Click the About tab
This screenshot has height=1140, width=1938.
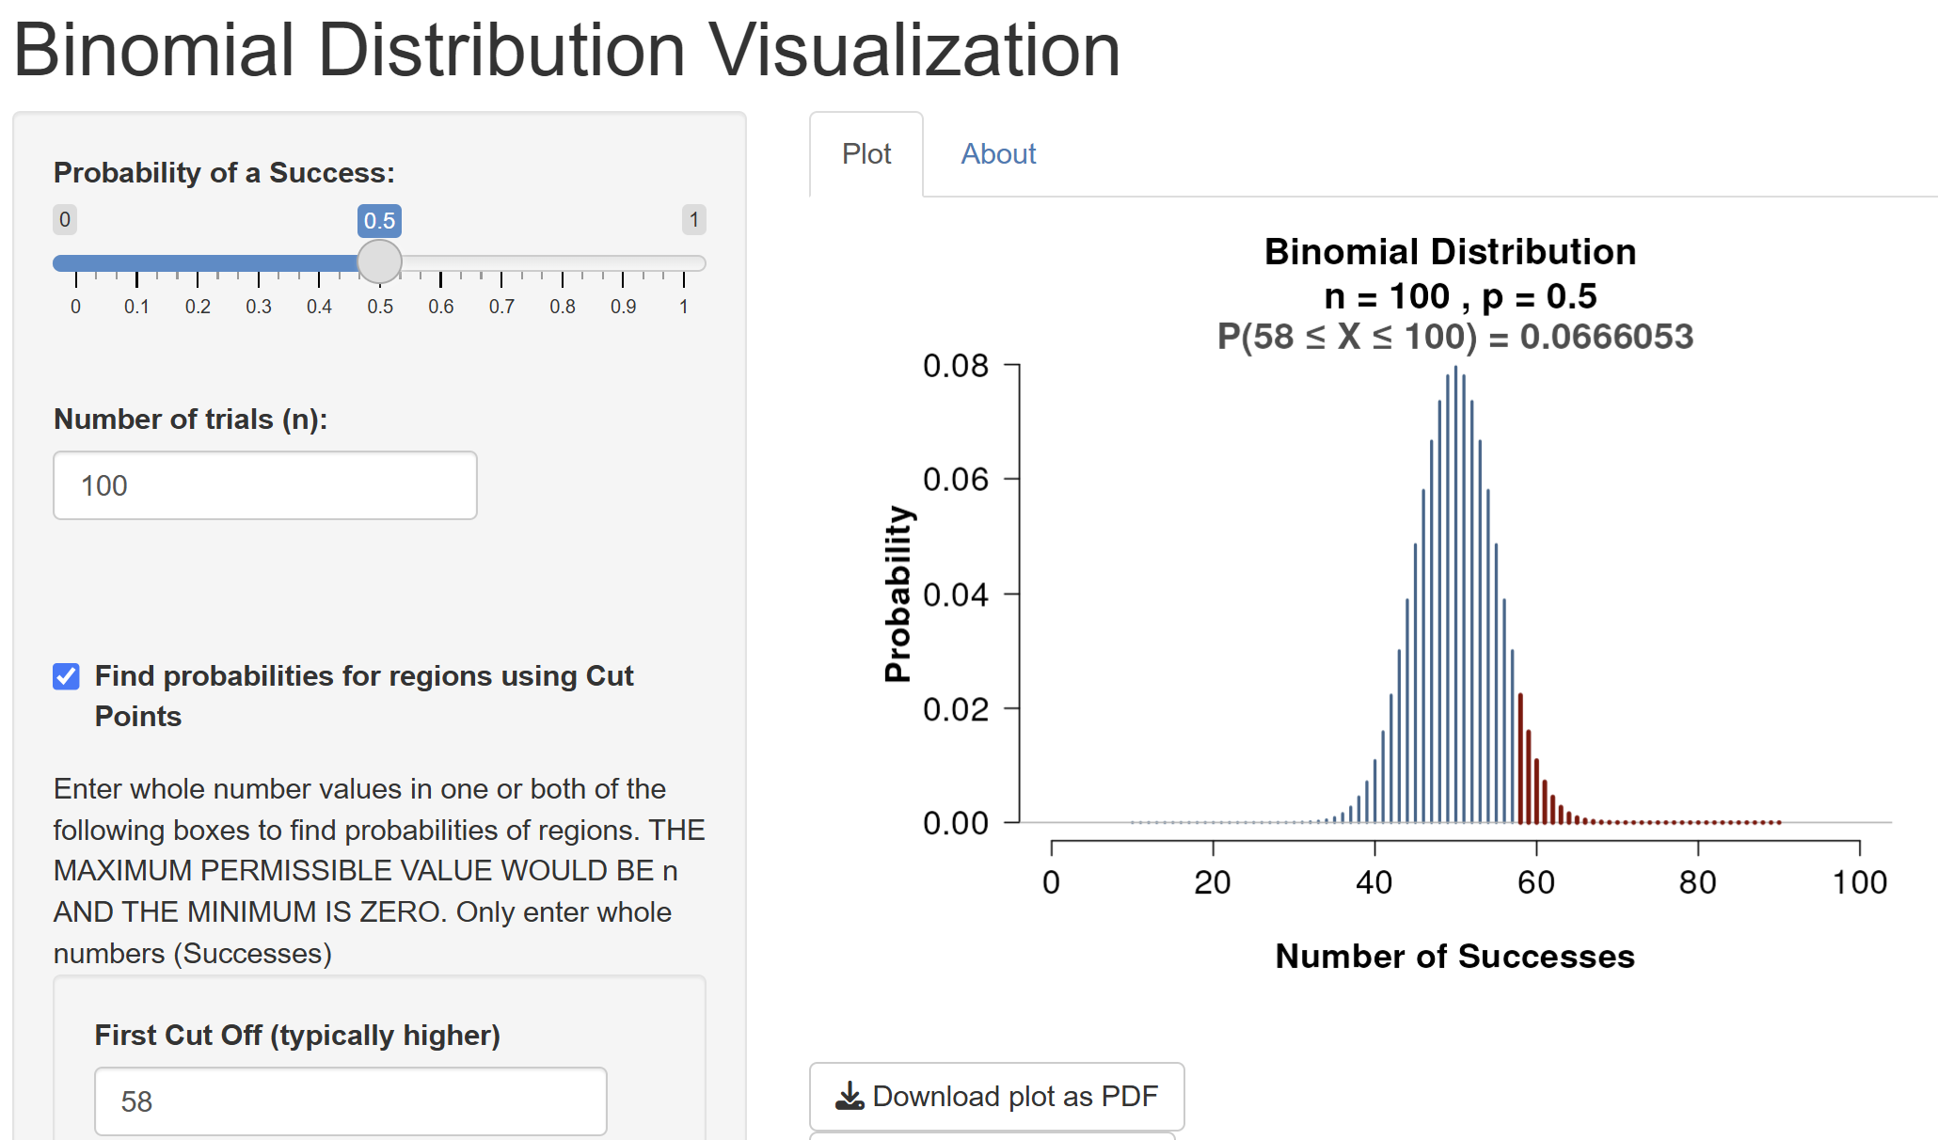[x=998, y=154]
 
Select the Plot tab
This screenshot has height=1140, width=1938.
[x=866, y=154]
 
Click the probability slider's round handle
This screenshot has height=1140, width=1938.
[x=380, y=261]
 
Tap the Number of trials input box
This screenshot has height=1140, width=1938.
[x=265, y=485]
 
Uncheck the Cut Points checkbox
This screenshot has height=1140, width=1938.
[x=66, y=676]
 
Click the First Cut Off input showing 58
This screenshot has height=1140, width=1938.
[x=350, y=1100]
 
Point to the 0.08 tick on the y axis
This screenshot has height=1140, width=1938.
[x=1012, y=364]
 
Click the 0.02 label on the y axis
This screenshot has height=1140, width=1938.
[x=956, y=709]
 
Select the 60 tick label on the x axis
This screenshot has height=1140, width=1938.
[x=1536, y=882]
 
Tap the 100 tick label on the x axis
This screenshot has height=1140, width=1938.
[x=1860, y=882]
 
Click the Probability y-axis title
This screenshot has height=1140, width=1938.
[x=898, y=594]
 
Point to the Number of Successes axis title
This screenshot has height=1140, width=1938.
[x=1454, y=956]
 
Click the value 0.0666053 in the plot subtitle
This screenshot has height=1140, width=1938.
[x=1607, y=337]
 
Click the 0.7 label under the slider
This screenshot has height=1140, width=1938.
[x=501, y=307]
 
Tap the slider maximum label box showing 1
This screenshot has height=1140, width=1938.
[x=694, y=220]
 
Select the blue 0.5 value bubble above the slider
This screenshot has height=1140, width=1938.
[x=379, y=221]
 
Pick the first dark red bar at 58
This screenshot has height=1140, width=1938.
[x=1520, y=758]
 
